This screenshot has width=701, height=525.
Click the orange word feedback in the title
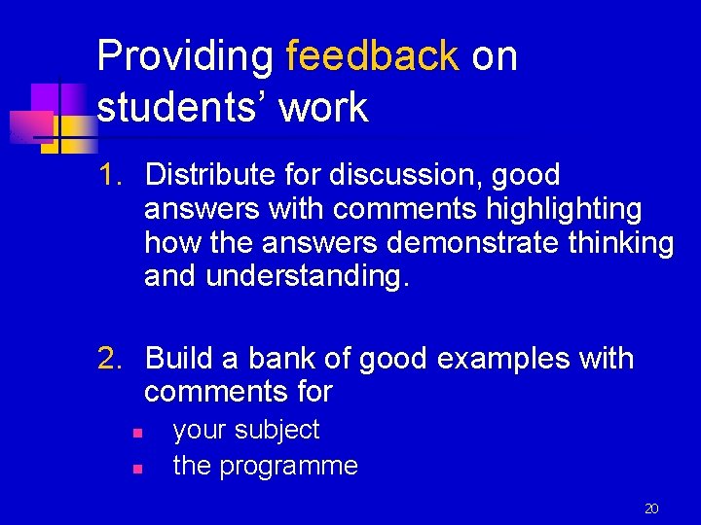pyautogui.click(x=372, y=56)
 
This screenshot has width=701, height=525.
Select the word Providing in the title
pyautogui.click(x=185, y=56)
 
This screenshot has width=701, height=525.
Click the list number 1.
pyautogui.click(x=111, y=176)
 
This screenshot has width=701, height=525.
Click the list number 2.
pyautogui.click(x=111, y=359)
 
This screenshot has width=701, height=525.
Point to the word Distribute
pyautogui.click(x=210, y=176)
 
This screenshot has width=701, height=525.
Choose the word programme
pyautogui.click(x=288, y=466)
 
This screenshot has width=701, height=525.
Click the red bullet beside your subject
pyautogui.click(x=138, y=432)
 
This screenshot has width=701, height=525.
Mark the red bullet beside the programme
pyautogui.click(x=138, y=468)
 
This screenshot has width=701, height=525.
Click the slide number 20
pyautogui.click(x=651, y=507)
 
